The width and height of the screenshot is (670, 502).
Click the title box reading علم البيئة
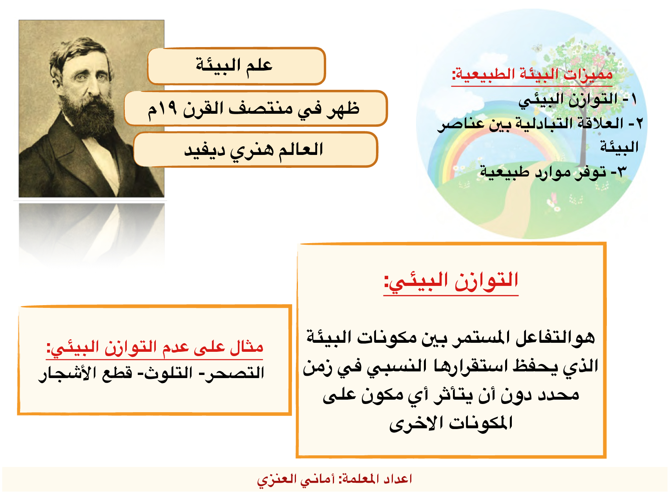pos(236,66)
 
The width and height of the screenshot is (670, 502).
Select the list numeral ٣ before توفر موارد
pos(621,172)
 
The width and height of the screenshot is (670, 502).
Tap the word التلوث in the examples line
pos(169,373)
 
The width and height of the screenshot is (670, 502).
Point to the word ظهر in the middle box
pos(342,108)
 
